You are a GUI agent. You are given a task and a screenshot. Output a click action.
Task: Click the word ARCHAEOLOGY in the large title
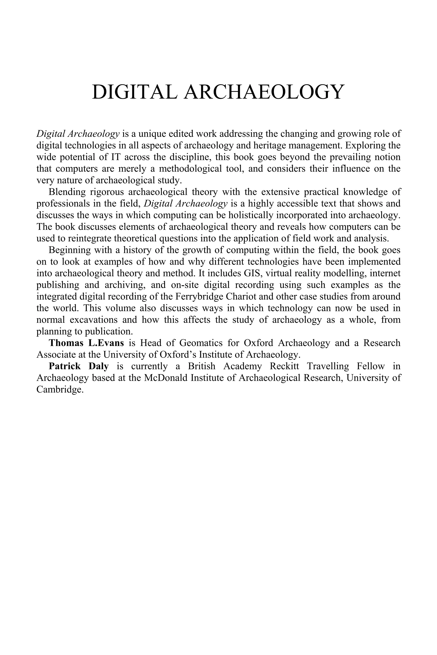click(263, 92)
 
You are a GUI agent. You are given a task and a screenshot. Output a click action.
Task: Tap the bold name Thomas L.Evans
click(86, 343)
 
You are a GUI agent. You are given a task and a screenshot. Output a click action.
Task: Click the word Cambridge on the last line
click(60, 389)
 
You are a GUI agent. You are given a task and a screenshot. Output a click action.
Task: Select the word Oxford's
click(195, 355)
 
